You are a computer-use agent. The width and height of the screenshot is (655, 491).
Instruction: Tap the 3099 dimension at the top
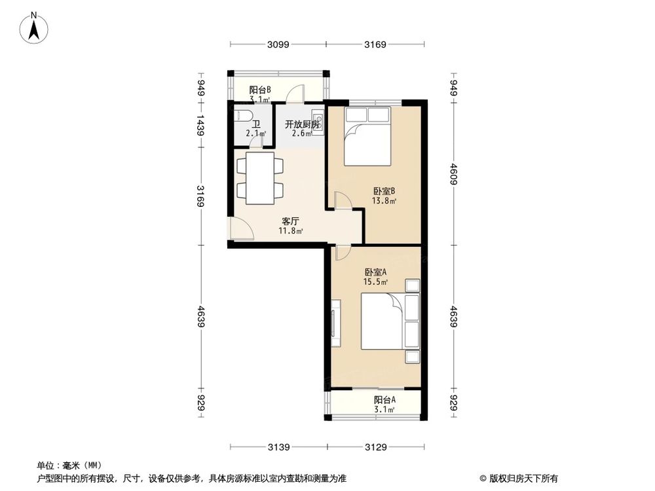[278, 45]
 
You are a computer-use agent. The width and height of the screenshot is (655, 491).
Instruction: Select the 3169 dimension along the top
[375, 45]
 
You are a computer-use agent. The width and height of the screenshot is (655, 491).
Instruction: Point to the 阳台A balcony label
[384, 400]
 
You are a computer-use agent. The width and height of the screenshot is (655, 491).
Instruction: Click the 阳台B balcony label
[260, 91]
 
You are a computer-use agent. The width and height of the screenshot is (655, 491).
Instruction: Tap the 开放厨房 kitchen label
[301, 124]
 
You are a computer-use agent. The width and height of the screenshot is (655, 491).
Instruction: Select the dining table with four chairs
[260, 177]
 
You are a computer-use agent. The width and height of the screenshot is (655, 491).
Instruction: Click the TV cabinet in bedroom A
[336, 323]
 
